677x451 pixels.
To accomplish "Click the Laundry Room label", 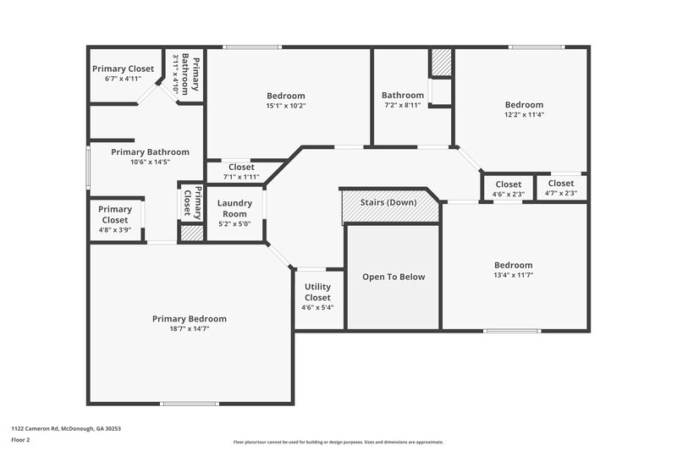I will point(234,208).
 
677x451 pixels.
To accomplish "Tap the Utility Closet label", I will point(317,293).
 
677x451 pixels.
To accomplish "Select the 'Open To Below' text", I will point(394,277).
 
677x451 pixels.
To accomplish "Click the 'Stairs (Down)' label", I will point(389,203).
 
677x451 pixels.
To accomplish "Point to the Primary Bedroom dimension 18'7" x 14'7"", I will point(189,329).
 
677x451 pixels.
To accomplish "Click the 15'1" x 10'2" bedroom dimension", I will point(285,107).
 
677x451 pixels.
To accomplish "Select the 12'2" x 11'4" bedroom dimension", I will point(524,114).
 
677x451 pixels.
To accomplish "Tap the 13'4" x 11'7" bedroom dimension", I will point(513,275).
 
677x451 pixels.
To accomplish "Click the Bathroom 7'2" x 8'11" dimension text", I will point(402,106).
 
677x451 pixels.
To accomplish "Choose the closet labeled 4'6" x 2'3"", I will point(508,195).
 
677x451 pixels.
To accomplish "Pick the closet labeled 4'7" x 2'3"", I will point(560,194).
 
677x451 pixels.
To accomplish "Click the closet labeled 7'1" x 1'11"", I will point(240,178).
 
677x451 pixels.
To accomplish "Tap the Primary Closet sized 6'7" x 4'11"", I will point(122,79).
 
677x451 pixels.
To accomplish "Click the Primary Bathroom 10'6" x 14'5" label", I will point(150,162).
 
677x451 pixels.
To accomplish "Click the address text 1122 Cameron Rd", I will point(66,429).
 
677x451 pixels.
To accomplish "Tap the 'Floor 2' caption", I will point(20,441).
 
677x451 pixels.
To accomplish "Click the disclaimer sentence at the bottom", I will point(338,442).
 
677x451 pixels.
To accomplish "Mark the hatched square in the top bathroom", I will point(441,63).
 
